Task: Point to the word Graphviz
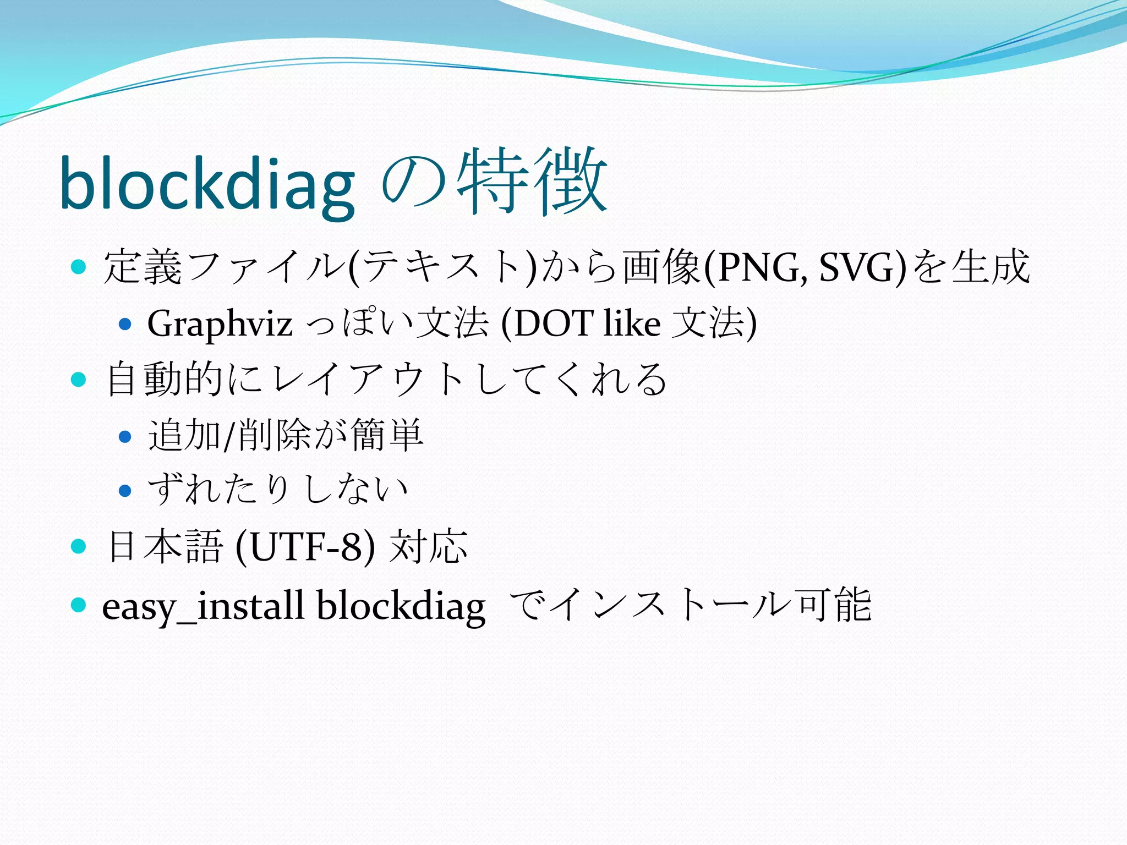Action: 220,323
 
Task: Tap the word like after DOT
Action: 631,323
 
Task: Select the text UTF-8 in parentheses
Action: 306,547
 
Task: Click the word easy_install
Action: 204,606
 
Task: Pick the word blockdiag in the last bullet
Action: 401,606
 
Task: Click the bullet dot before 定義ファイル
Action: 79,267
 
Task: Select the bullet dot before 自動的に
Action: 79,379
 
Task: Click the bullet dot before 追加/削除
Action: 125,437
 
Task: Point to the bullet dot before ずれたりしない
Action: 125,490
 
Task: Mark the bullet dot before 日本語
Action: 79,546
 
